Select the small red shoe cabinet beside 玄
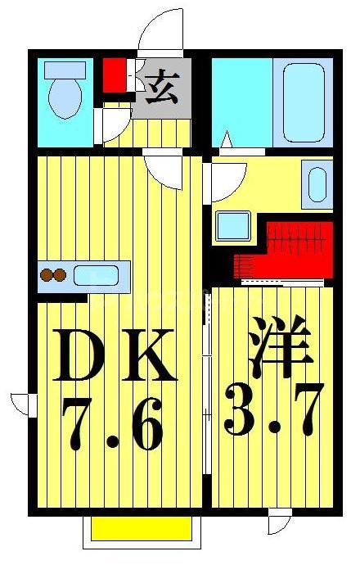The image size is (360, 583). pos(115,75)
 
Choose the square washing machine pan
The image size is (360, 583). pos(233,225)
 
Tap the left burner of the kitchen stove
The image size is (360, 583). pos(47,275)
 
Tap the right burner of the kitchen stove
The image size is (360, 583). pos(60,275)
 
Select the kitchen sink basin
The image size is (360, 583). pos(97,275)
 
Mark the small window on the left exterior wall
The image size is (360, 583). pos(23,404)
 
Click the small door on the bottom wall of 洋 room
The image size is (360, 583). pos(279,521)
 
